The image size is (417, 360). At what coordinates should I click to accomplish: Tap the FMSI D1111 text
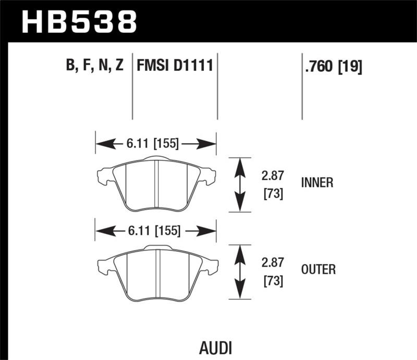[174, 66]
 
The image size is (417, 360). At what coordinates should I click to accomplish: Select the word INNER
[317, 183]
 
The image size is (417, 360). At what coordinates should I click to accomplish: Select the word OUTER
[318, 269]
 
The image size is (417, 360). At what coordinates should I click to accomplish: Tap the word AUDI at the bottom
[215, 347]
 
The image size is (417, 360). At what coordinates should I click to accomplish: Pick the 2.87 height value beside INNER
[272, 177]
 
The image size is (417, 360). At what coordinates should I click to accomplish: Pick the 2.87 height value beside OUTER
[272, 264]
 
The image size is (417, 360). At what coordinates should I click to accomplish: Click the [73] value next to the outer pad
[272, 281]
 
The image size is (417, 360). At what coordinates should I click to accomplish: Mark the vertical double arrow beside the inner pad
[239, 184]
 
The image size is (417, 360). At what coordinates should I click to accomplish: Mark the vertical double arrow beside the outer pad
[239, 271]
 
